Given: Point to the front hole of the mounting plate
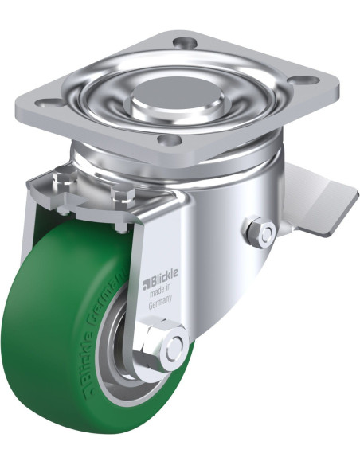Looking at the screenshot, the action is [170, 139].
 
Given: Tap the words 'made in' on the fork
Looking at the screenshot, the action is [160, 291].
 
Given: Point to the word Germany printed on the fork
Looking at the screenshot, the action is [160, 303].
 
